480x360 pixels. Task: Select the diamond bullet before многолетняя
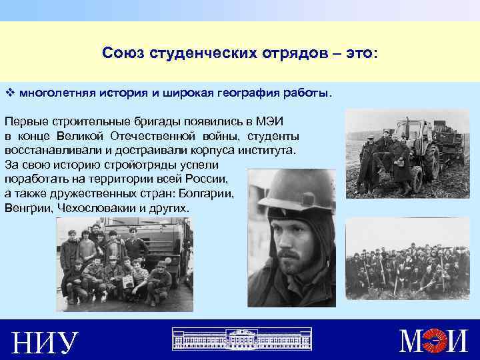[x=9, y=91]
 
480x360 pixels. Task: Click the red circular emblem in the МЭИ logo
[x=437, y=341]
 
